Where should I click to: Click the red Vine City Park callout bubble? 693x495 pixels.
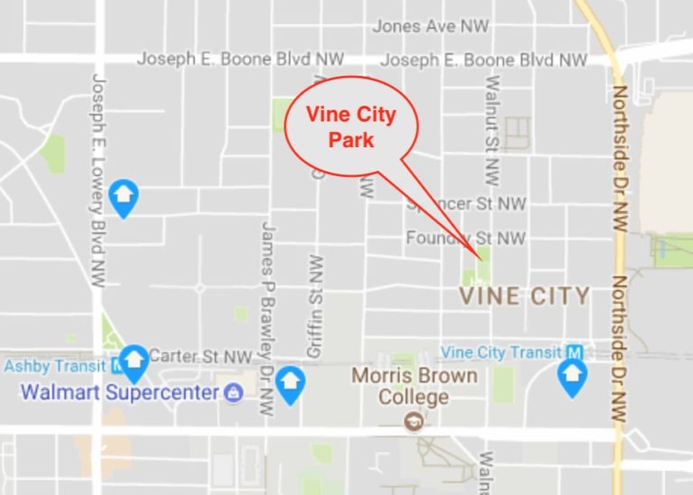(x=350, y=127)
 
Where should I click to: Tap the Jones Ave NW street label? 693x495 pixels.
(x=430, y=27)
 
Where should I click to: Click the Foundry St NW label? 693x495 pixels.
(x=465, y=238)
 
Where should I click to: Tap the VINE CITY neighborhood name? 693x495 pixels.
(x=524, y=295)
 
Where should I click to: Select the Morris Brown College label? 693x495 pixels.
(x=414, y=386)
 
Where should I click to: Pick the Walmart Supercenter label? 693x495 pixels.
(x=120, y=393)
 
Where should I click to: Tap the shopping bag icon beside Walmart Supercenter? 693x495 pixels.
(x=234, y=393)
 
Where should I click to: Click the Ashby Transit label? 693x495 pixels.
(x=56, y=367)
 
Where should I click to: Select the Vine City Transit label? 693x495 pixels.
(x=501, y=352)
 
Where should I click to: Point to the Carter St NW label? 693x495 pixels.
(x=200, y=357)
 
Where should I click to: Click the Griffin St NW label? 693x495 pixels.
(x=315, y=307)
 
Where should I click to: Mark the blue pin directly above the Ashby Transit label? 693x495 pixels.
(x=135, y=360)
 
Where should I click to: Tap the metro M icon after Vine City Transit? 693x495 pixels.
(x=574, y=352)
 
